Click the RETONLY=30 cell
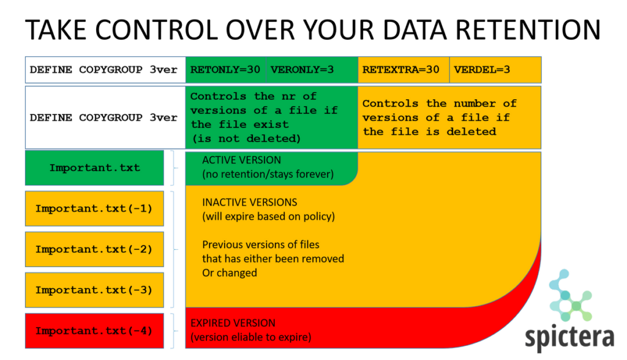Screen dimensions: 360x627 225,69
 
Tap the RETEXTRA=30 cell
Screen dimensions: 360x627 401,69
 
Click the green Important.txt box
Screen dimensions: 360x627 94,168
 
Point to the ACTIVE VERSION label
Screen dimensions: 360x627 241,160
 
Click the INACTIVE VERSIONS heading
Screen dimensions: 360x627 249,202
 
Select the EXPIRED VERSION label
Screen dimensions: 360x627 233,323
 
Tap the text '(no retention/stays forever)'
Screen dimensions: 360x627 268,174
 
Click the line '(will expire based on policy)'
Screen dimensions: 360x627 268,216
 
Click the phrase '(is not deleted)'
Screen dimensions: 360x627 246,138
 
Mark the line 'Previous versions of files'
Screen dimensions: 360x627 261,244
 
